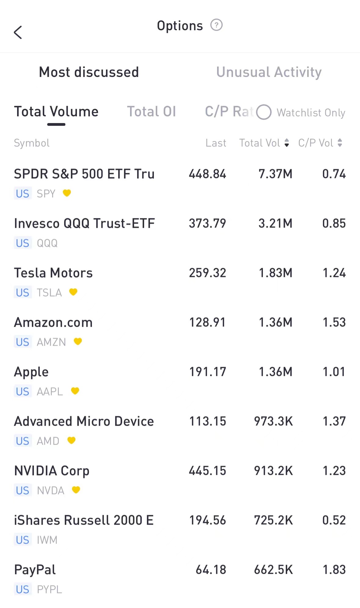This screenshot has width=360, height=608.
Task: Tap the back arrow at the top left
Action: (x=18, y=32)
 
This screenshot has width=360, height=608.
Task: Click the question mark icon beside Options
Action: (x=216, y=25)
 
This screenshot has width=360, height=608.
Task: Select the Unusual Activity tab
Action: (x=269, y=72)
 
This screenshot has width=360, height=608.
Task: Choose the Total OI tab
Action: (x=151, y=112)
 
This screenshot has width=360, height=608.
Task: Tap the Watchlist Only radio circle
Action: (x=264, y=112)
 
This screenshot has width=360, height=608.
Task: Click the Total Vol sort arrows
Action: (x=286, y=143)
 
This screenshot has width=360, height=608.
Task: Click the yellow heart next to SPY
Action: (x=67, y=193)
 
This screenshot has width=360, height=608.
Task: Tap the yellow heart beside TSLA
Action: (x=73, y=292)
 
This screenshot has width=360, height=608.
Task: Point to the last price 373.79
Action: (x=207, y=224)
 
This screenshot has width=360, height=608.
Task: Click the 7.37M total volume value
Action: (x=275, y=174)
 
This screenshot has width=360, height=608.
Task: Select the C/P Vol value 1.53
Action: (x=334, y=322)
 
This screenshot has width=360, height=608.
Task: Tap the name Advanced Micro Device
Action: (x=84, y=421)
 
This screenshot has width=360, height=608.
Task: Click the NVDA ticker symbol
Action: (x=50, y=490)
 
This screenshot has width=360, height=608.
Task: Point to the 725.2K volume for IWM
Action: (x=273, y=520)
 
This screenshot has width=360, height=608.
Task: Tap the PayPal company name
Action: (x=35, y=570)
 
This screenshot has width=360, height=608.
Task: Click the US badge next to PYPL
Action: (x=23, y=589)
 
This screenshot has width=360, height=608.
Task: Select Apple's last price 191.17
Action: (x=208, y=372)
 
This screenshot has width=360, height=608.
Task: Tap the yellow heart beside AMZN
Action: (x=78, y=341)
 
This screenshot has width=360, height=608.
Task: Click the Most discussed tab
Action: (x=89, y=72)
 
